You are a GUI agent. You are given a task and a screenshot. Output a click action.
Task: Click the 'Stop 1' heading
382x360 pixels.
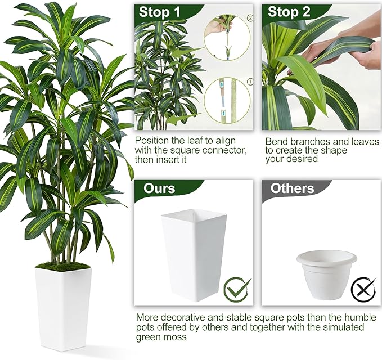pos(159,12)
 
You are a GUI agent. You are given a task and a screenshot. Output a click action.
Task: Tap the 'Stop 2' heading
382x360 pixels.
pos(289,12)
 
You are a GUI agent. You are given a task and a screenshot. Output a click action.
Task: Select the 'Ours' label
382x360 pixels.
pos(159,188)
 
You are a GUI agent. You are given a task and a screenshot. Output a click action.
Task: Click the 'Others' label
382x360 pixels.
pos(292,188)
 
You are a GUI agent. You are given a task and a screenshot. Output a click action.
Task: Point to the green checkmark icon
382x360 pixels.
pos(237,290)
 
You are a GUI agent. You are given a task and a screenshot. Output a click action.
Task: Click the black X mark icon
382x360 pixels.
pos(363,290)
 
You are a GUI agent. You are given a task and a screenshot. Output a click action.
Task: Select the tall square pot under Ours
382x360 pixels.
pos(194,255)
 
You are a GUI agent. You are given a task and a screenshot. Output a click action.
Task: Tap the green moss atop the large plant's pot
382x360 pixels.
pos(63,266)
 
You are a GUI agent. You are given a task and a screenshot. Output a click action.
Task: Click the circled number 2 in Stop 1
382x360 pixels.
pos(250,18)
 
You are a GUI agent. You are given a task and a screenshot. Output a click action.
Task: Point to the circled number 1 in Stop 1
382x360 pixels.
pos(250,82)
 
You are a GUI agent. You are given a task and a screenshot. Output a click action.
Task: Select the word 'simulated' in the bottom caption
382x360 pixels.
pos(343,327)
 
